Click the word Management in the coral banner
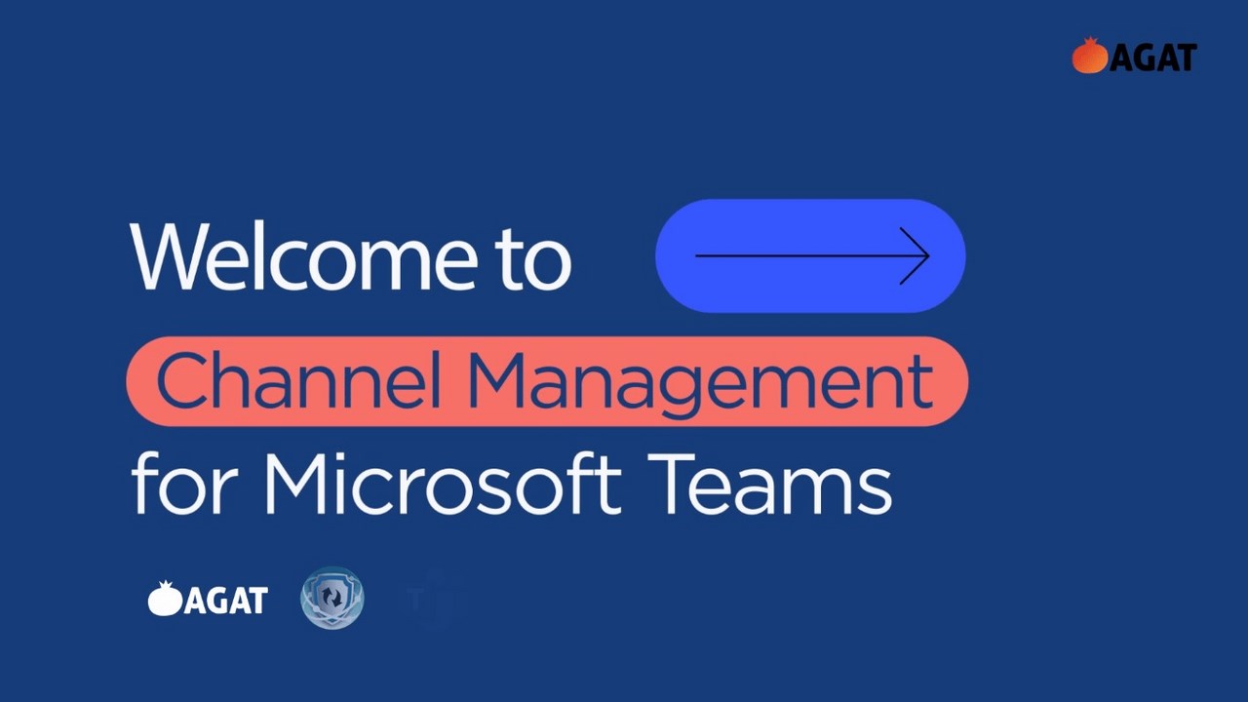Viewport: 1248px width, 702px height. click(702, 383)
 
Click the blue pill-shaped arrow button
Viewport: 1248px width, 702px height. click(810, 256)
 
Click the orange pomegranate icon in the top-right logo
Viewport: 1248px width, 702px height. click(1089, 57)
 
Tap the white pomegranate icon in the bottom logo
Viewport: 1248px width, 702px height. click(165, 599)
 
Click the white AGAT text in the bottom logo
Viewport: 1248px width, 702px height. click(225, 601)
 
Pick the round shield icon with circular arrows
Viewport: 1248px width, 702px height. click(331, 598)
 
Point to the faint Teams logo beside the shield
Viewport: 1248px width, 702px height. click(430, 599)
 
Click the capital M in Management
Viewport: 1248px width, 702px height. click(496, 381)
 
